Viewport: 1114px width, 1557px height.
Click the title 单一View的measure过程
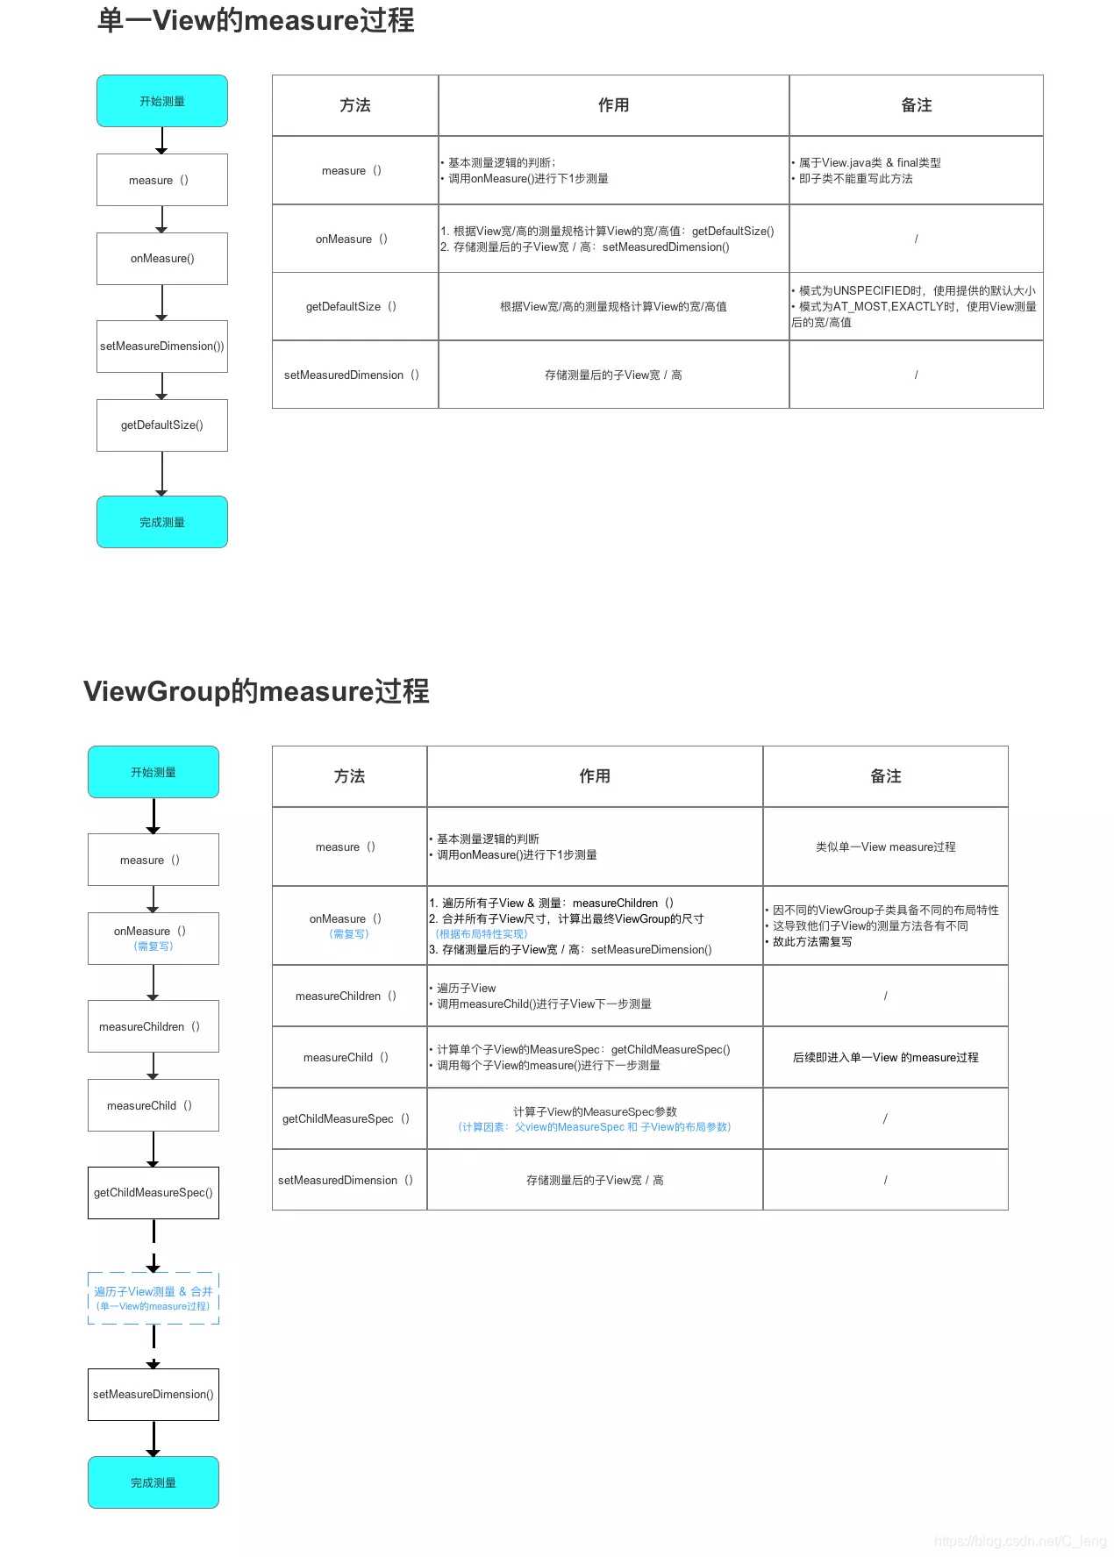pos(255,20)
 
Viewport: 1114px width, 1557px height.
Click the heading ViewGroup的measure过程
pos(256,691)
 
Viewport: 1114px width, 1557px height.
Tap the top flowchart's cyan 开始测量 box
pos(162,101)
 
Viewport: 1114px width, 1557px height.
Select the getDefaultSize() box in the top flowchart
pos(162,425)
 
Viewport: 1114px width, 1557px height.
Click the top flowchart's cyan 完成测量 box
pos(162,522)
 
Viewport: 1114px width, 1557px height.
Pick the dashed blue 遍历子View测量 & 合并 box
pos(154,1297)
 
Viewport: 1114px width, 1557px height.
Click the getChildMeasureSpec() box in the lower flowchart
pos(154,1193)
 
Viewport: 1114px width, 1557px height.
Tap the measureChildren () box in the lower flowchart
pos(154,1026)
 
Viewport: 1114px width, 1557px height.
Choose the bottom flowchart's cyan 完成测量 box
pos(154,1482)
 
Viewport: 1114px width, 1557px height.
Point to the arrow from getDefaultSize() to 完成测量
pos(162,474)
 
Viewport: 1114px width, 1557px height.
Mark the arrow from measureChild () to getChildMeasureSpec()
pos(154,1149)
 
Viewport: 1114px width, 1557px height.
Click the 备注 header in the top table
pos(916,105)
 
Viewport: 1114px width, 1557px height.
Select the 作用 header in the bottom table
pos(595,776)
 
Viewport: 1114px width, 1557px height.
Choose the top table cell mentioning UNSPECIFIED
pos(915,306)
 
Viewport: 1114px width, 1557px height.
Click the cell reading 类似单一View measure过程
pos(885,846)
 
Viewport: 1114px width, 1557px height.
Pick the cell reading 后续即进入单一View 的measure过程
pos(885,1057)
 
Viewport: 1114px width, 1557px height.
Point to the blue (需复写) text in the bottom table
pos(349,934)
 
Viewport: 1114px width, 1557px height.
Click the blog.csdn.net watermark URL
pos(1020,1541)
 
